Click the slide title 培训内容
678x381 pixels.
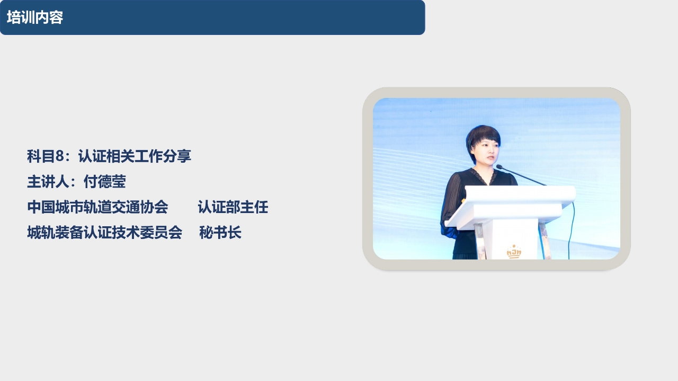[35, 17]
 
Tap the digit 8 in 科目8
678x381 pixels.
[60, 156]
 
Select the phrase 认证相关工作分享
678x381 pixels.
[135, 156]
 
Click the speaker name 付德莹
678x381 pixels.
[105, 182]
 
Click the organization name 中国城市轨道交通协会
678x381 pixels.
[98, 207]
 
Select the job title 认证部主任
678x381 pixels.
[233, 207]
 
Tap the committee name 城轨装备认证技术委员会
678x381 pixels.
[105, 233]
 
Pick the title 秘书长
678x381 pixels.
[220, 233]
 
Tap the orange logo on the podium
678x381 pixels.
[514, 252]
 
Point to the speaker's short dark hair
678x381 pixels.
[483, 136]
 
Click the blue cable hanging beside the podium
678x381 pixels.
[572, 230]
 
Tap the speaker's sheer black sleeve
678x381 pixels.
[450, 206]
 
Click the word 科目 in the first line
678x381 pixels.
[41, 156]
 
